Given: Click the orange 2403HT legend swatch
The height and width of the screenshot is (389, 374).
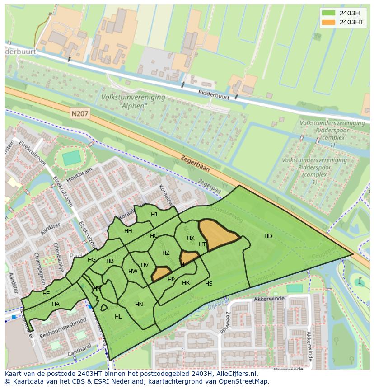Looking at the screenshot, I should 328,22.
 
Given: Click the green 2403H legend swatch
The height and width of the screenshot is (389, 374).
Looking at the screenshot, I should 328,13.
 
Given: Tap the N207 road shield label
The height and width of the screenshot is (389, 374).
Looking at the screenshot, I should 80,115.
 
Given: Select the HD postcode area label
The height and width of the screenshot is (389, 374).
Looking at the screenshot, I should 268,236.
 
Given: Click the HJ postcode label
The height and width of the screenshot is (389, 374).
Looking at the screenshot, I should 154,215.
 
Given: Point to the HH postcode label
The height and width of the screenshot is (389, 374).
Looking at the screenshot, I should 128,231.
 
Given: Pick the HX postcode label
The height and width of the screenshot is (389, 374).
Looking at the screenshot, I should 191,238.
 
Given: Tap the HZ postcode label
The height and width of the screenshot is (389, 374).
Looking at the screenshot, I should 166,253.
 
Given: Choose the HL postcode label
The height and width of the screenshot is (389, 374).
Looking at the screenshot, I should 118,317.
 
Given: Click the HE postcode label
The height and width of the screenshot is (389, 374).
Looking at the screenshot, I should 46,294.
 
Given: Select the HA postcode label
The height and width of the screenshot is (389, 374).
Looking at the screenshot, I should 56,304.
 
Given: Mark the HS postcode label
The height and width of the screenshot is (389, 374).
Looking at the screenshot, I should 209,284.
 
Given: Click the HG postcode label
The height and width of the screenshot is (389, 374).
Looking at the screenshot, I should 92,260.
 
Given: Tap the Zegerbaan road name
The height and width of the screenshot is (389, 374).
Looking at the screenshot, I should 195,164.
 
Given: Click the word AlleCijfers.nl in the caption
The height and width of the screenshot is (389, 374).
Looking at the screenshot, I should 235,374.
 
